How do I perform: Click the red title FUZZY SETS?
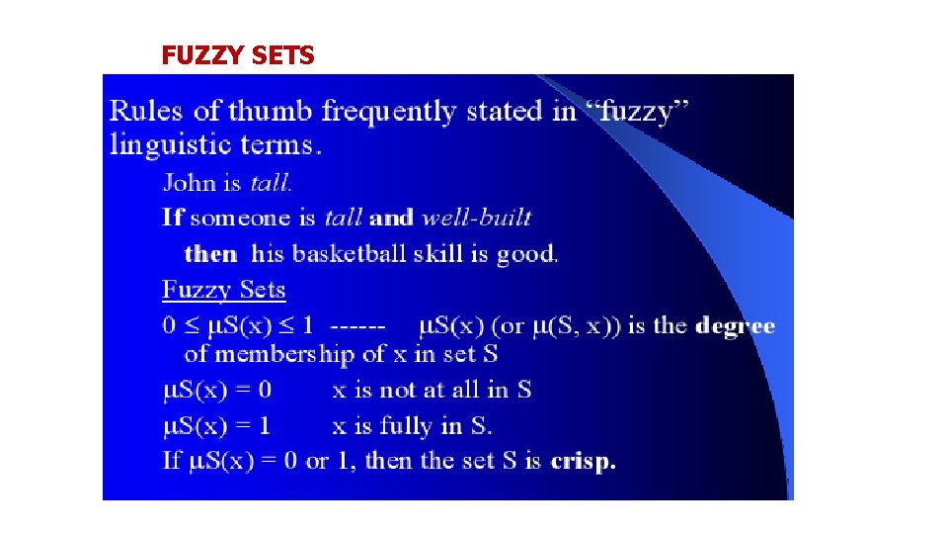[x=238, y=56]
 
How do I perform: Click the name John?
[x=188, y=182]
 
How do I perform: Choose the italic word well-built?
[x=476, y=218]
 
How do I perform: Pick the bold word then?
[x=210, y=253]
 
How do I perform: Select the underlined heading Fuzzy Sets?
[x=224, y=290]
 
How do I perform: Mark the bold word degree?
[x=735, y=326]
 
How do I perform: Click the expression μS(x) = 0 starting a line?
[x=216, y=390]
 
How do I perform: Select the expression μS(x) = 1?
[x=216, y=426]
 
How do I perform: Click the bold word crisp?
[x=583, y=461]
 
